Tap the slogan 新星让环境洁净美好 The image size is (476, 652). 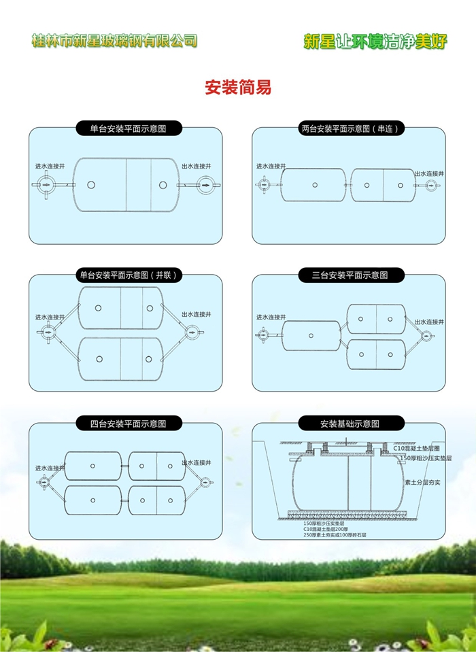375,41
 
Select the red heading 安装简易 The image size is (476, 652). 238,88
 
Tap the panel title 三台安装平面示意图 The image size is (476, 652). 350,275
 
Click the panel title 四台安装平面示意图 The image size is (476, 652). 128,424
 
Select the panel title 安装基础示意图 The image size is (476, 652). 350,424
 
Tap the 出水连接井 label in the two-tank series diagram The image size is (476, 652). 429,174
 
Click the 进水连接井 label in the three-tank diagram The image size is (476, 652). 271,318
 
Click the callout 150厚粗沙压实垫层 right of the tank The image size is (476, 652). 426,459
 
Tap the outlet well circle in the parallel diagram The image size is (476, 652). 193,332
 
